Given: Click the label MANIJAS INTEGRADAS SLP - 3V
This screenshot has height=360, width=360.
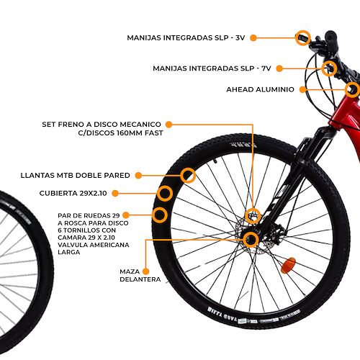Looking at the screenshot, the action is (186, 38).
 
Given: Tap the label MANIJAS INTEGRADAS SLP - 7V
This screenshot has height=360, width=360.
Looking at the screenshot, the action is (212, 68).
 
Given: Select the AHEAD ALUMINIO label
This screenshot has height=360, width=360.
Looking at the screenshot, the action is (260, 89).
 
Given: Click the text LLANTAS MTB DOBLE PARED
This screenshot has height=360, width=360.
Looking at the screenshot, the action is (75, 176).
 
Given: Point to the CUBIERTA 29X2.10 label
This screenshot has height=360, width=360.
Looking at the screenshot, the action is (73, 193).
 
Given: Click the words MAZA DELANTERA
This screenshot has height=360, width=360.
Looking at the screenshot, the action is (140, 276).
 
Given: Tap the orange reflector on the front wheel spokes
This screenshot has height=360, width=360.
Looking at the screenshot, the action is (288, 266).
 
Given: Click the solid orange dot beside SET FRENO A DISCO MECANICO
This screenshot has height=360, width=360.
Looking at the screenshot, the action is (169, 125).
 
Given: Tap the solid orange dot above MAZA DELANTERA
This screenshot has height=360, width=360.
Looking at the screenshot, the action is (145, 271).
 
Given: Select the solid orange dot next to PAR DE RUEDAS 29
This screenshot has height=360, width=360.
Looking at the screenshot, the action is (126, 215).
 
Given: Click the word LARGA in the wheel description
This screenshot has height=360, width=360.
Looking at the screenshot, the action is (69, 252).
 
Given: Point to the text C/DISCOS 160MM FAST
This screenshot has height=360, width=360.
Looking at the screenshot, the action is (120, 133).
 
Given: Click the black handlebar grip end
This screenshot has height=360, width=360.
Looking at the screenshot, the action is (331, 36).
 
